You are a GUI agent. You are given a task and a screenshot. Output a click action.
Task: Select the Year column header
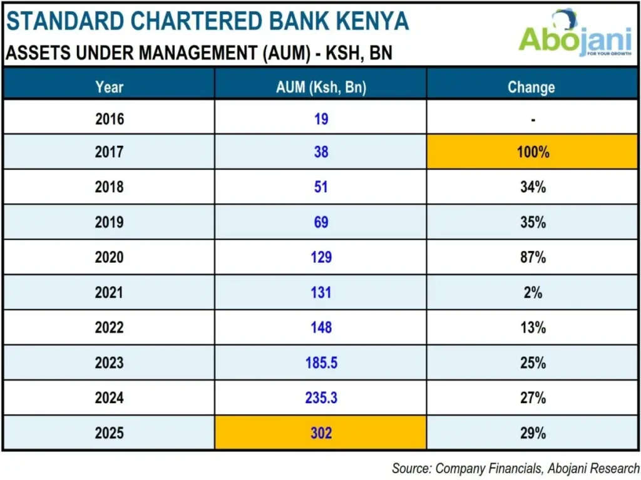click(110, 87)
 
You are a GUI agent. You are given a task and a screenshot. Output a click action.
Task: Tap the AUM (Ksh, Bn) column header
click(321, 87)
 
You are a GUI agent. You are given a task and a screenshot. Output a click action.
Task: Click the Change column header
click(531, 87)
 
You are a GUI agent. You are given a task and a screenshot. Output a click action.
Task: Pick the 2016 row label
click(110, 119)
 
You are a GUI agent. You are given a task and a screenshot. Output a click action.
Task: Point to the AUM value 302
click(321, 432)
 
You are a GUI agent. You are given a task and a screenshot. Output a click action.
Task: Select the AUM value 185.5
click(321, 362)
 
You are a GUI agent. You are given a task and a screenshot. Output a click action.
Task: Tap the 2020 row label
click(110, 257)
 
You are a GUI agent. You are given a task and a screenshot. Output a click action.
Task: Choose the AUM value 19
click(321, 119)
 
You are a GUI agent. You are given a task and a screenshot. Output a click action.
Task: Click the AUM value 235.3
click(321, 397)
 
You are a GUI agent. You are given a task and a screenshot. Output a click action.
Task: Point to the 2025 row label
click(110, 432)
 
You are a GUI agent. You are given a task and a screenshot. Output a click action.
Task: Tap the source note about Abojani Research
click(516, 468)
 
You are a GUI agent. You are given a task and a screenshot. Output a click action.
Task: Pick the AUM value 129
click(321, 257)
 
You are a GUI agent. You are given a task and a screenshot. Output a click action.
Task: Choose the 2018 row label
click(110, 186)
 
